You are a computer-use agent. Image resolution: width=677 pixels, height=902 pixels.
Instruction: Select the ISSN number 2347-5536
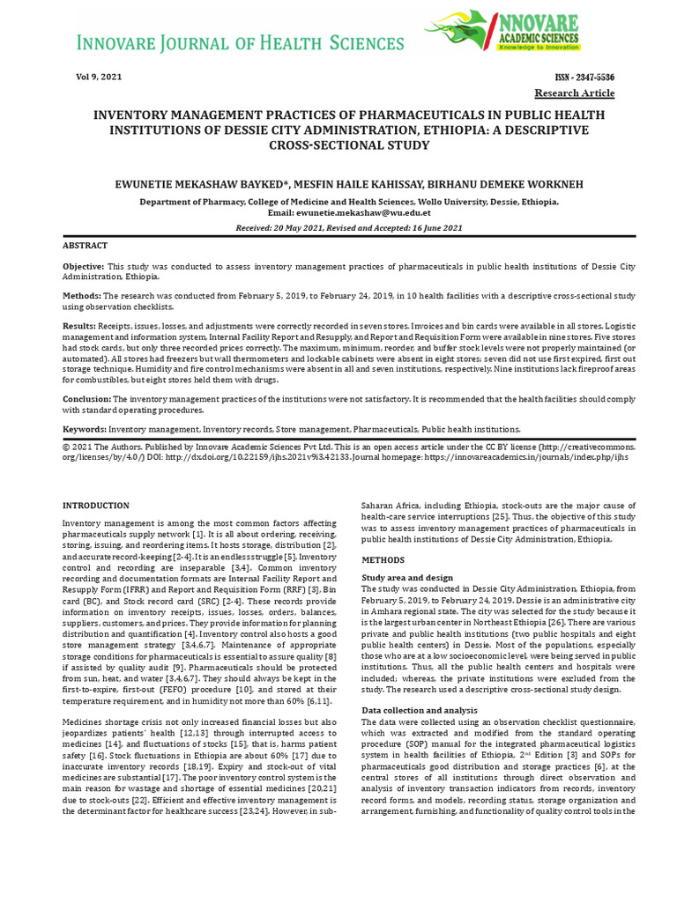pos(584,78)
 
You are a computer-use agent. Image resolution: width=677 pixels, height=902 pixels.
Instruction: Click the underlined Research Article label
pos(575,93)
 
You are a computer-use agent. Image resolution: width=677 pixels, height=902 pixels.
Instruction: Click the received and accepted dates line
pos(349,227)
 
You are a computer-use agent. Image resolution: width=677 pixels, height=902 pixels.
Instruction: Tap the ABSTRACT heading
pos(85,246)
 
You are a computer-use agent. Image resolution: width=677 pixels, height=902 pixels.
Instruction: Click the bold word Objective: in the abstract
pos(83,266)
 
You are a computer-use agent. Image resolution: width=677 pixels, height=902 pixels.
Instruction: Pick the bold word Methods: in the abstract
pos(81,296)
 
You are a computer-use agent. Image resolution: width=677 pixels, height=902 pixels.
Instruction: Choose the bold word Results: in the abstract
pos(79,326)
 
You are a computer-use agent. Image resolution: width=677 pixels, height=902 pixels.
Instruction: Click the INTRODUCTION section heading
pos(95,506)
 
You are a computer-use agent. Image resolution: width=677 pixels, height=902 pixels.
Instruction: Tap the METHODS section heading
pos(383,560)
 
